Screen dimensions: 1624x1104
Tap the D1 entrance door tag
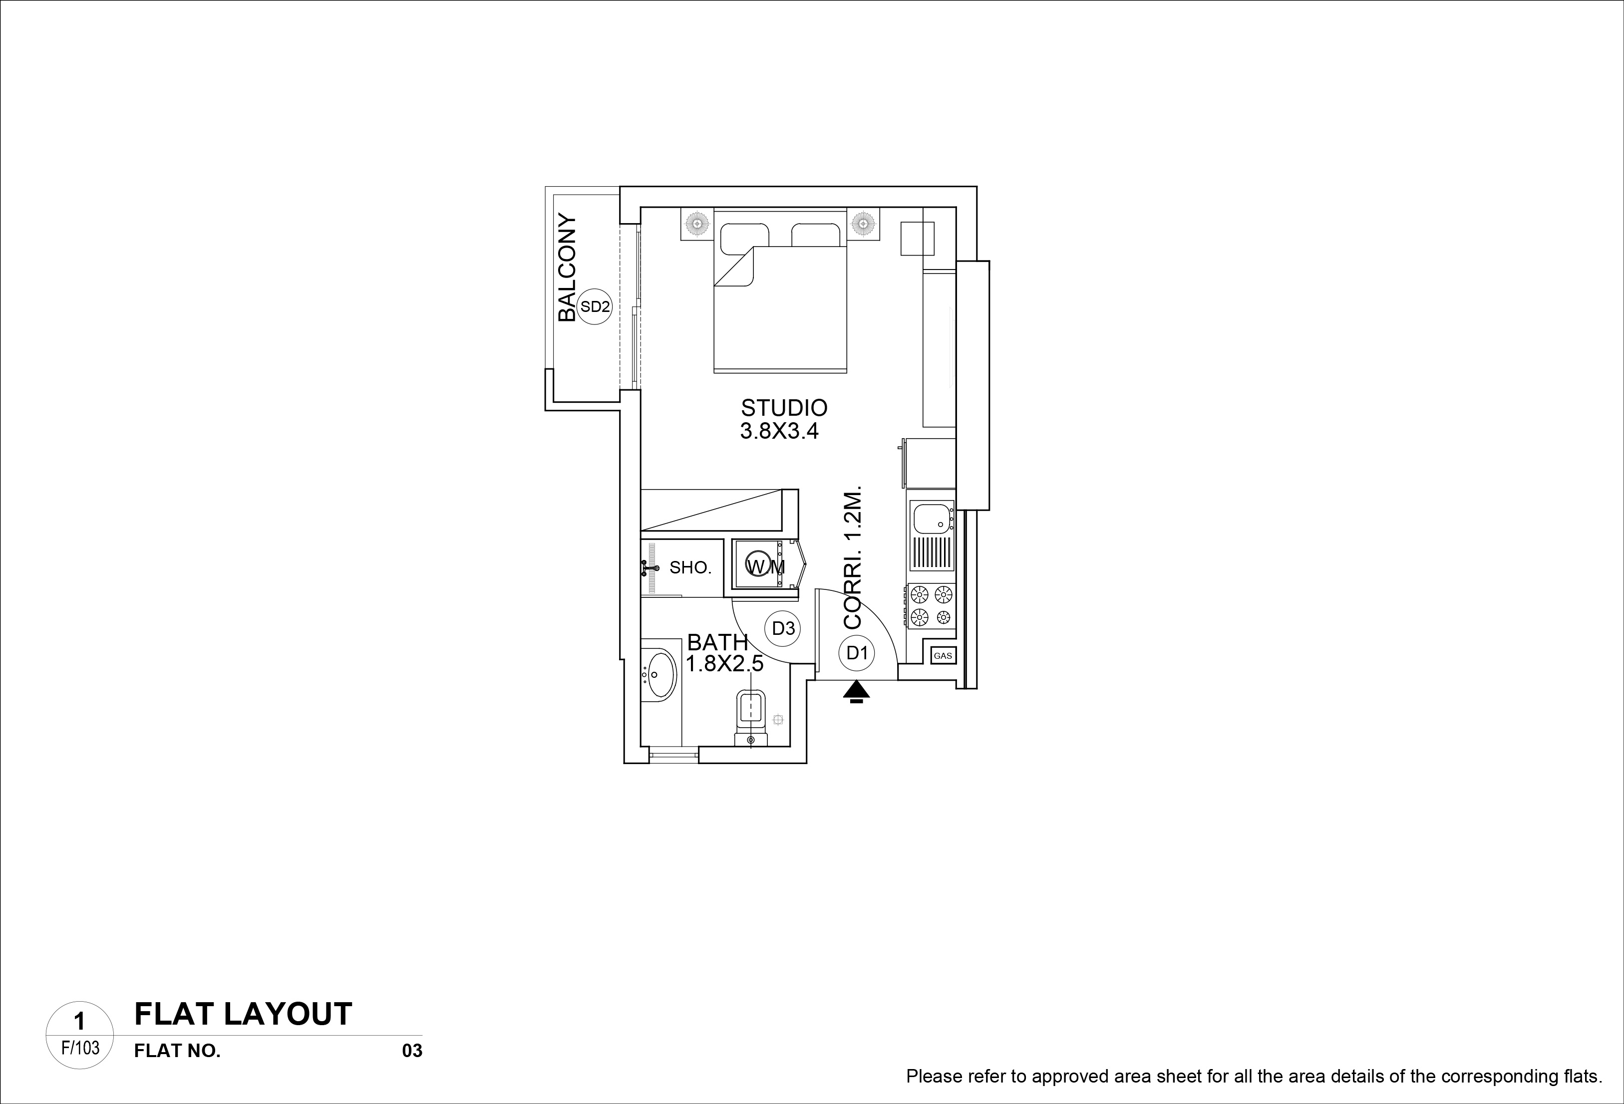[857, 653]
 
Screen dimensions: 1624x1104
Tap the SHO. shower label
[690, 567]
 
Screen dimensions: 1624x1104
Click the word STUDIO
[784, 407]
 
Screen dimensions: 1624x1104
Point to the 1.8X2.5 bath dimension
[725, 664]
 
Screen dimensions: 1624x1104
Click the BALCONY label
[568, 268]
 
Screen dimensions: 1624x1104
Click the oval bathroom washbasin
[659, 674]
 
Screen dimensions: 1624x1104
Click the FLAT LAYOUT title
[243, 1014]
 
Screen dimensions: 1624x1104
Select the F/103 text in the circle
[80, 1048]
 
